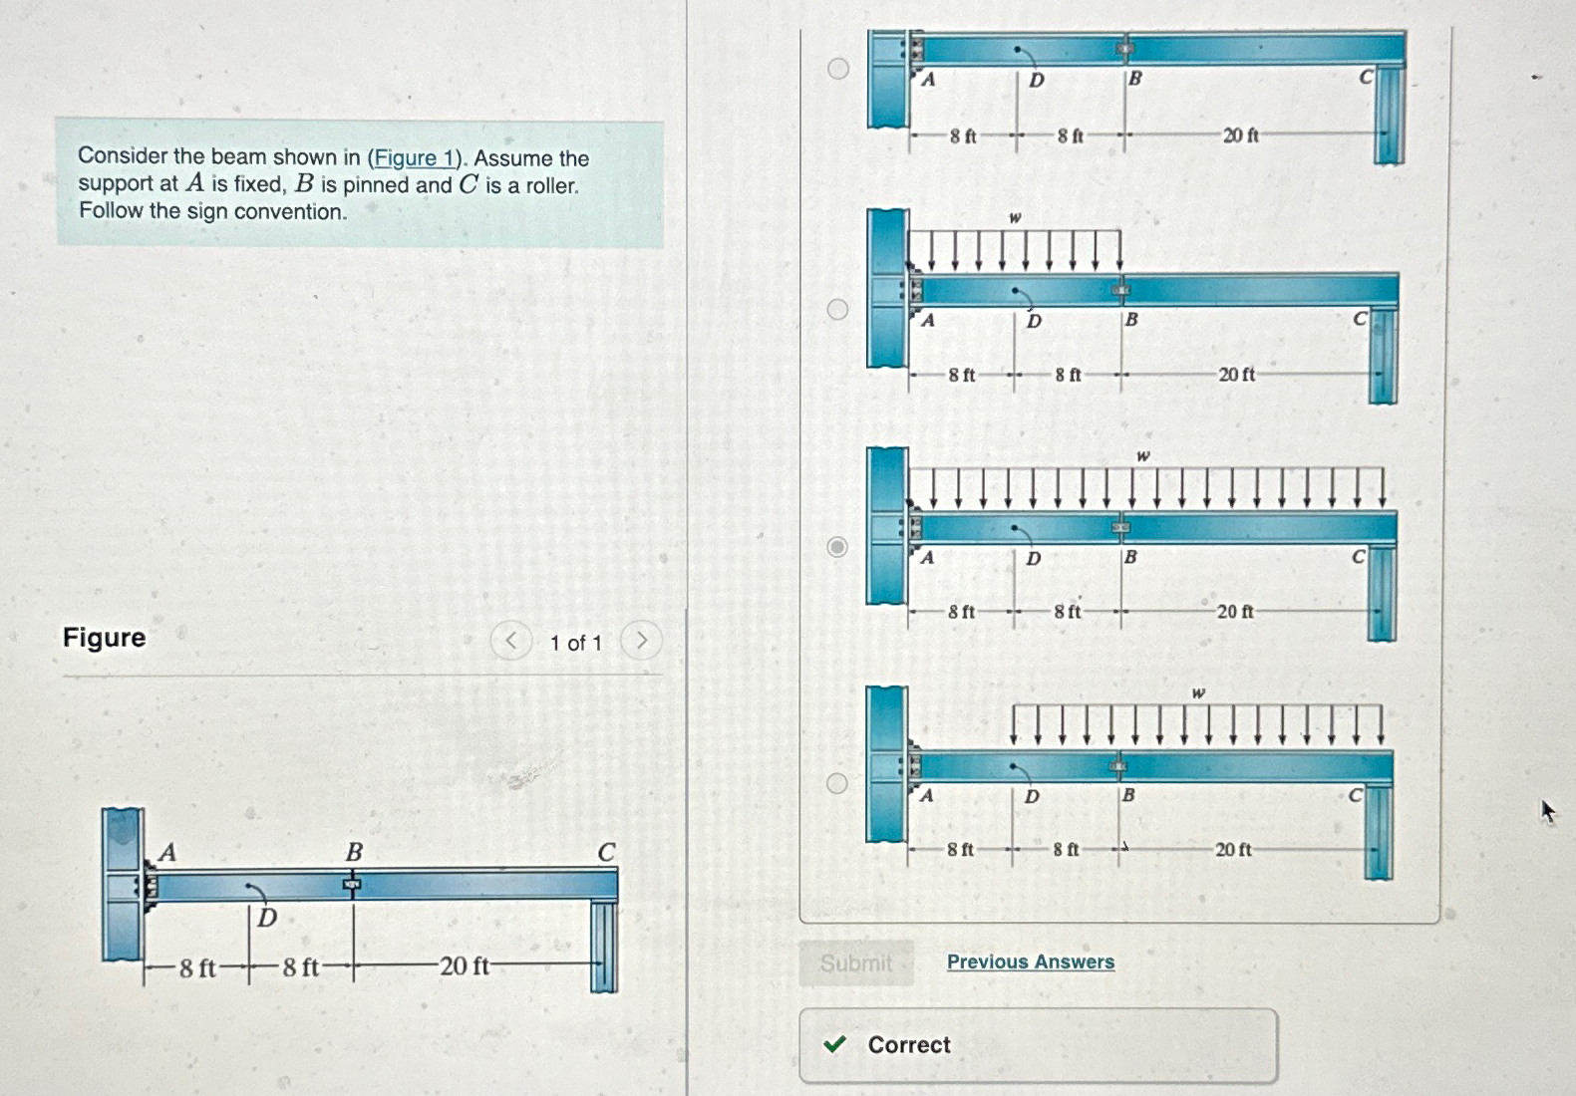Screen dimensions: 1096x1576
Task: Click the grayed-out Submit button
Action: [x=856, y=963]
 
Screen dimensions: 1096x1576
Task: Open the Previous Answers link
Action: [x=1030, y=961]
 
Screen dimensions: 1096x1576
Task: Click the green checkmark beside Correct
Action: [x=835, y=1044]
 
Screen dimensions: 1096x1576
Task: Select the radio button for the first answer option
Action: [x=838, y=69]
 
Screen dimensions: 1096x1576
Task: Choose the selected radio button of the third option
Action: [x=838, y=547]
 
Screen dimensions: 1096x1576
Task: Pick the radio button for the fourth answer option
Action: [x=838, y=783]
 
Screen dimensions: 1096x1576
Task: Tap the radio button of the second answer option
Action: [x=838, y=309]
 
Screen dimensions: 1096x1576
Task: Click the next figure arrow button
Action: [x=641, y=641]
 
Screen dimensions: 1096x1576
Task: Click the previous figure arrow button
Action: [x=510, y=641]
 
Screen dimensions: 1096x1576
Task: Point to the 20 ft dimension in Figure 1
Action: [x=465, y=965]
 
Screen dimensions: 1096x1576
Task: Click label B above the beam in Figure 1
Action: [x=354, y=853]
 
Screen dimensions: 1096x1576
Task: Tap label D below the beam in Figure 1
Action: [x=266, y=917]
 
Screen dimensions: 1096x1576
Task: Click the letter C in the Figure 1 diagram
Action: [x=606, y=853]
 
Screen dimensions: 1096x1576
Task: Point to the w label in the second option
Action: [x=1015, y=217]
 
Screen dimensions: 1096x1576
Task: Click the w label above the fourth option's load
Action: [x=1198, y=692]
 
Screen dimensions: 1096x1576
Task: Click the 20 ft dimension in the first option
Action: [x=1240, y=136]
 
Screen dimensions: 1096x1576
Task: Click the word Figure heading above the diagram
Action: [x=104, y=638]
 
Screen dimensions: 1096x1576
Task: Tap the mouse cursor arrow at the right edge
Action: [x=1547, y=811]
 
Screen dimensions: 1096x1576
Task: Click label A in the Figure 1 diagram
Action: [x=167, y=852]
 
